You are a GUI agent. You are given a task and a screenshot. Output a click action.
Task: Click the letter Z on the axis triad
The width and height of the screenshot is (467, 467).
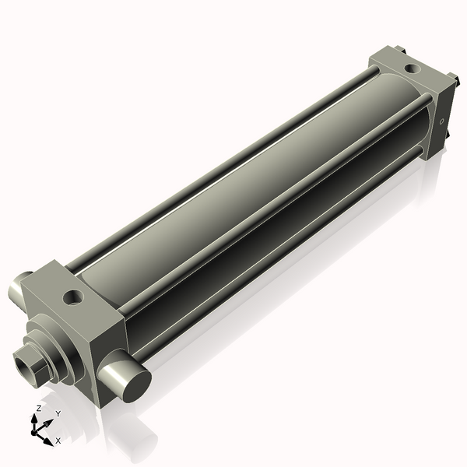click(x=39, y=408)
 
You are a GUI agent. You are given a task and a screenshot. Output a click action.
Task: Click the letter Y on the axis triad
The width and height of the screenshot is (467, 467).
click(x=58, y=413)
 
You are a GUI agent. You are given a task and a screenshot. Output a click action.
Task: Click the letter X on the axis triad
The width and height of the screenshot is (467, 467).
click(x=58, y=441)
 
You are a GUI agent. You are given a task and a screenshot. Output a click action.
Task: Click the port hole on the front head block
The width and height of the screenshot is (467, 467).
click(x=74, y=297)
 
